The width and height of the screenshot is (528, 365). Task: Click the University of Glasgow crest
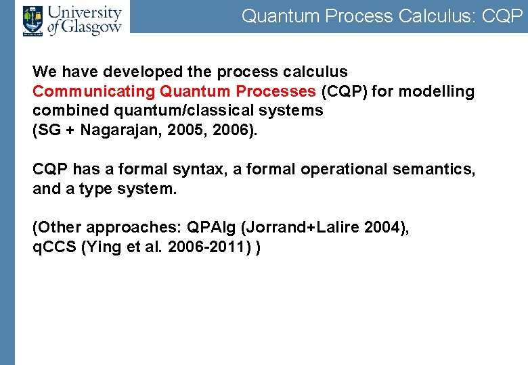32,20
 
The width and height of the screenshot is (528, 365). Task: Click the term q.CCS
55,247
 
